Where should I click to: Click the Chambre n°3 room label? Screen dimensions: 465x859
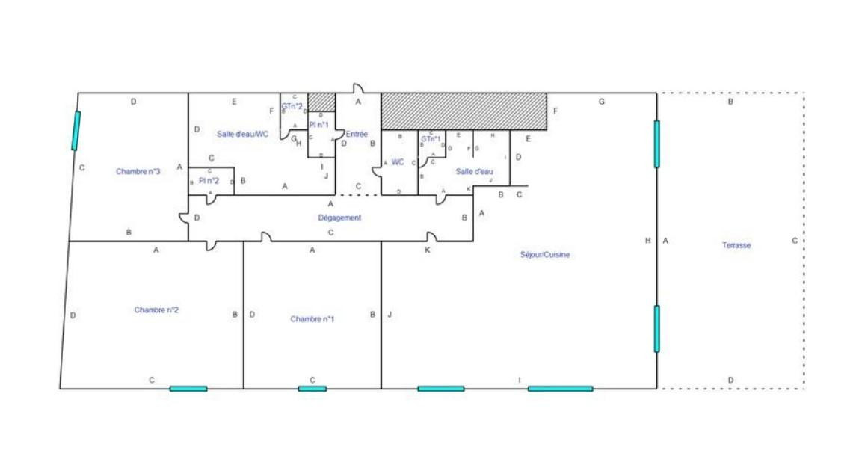click(x=138, y=172)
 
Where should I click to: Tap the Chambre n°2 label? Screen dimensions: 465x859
click(x=156, y=310)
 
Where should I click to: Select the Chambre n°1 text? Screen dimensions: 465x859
click(x=312, y=319)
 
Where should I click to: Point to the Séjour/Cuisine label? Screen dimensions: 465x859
click(x=545, y=255)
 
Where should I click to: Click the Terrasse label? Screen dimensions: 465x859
click(x=736, y=245)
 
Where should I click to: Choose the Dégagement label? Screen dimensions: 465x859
click(x=339, y=218)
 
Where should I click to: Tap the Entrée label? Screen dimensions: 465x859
click(x=357, y=135)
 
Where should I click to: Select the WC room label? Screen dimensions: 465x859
click(x=398, y=162)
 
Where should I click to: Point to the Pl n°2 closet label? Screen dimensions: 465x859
click(x=209, y=181)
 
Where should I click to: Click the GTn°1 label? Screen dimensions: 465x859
click(x=430, y=139)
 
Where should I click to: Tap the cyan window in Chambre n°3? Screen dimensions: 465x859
click(x=76, y=130)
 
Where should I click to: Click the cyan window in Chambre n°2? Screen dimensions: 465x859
click(x=188, y=389)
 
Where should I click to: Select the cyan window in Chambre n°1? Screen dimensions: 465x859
click(x=312, y=389)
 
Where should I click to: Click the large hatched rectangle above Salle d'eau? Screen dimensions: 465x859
click(x=464, y=111)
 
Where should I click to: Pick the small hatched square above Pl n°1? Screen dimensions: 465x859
click(x=321, y=102)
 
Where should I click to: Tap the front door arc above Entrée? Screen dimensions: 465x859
click(x=358, y=89)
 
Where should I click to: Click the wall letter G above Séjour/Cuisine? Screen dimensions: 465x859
click(x=601, y=102)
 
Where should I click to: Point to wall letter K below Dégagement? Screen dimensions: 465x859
click(x=428, y=250)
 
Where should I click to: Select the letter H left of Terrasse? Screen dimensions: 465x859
click(x=648, y=240)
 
